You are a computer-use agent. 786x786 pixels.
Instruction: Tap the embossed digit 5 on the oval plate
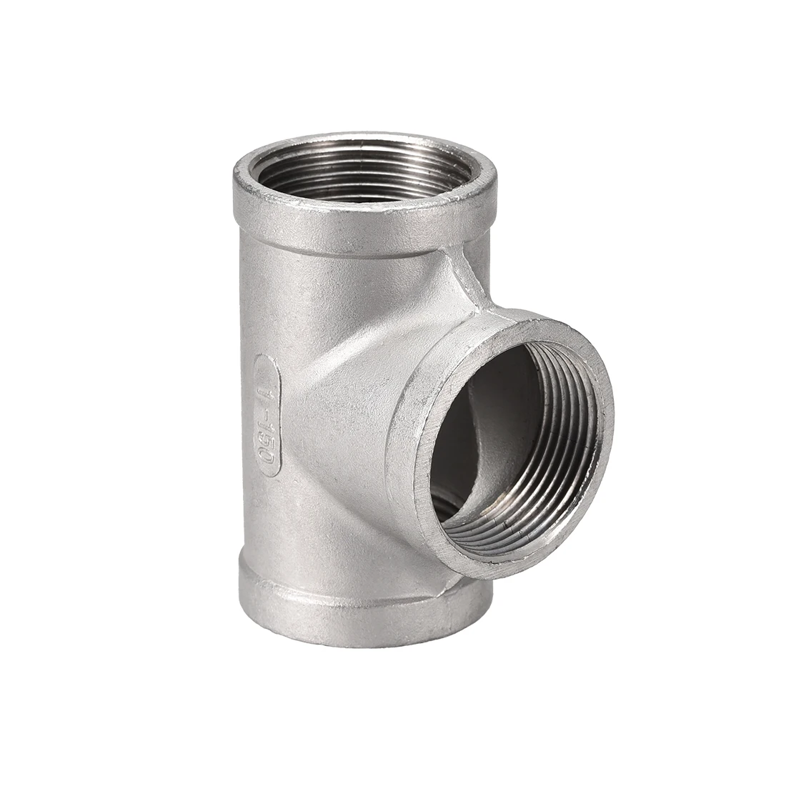pos(269,438)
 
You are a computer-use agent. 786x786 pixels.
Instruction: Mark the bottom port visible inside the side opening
pos(447,511)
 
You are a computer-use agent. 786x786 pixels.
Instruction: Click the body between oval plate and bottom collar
pos(279,522)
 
